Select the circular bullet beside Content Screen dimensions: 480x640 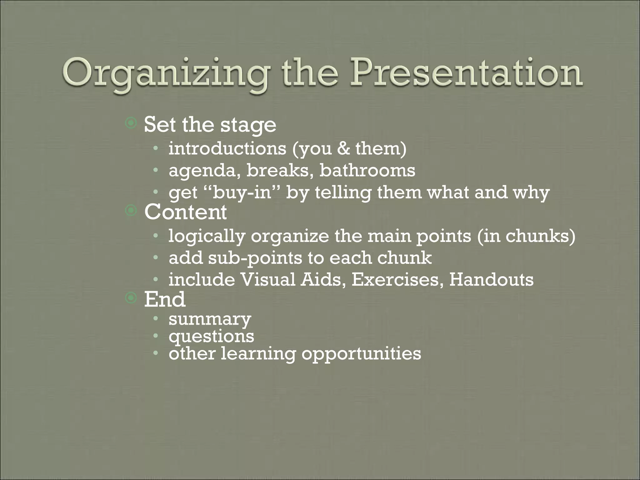pos(131,211)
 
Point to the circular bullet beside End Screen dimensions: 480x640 pos(131,298)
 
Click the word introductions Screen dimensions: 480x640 pos(227,148)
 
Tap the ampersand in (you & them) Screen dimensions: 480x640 pos(344,148)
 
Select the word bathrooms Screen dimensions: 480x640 pos(367,171)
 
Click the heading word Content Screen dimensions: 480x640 pos(185,212)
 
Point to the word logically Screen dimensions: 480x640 pos(207,236)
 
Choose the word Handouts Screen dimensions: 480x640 pos(491,280)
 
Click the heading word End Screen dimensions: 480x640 pos(164,299)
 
